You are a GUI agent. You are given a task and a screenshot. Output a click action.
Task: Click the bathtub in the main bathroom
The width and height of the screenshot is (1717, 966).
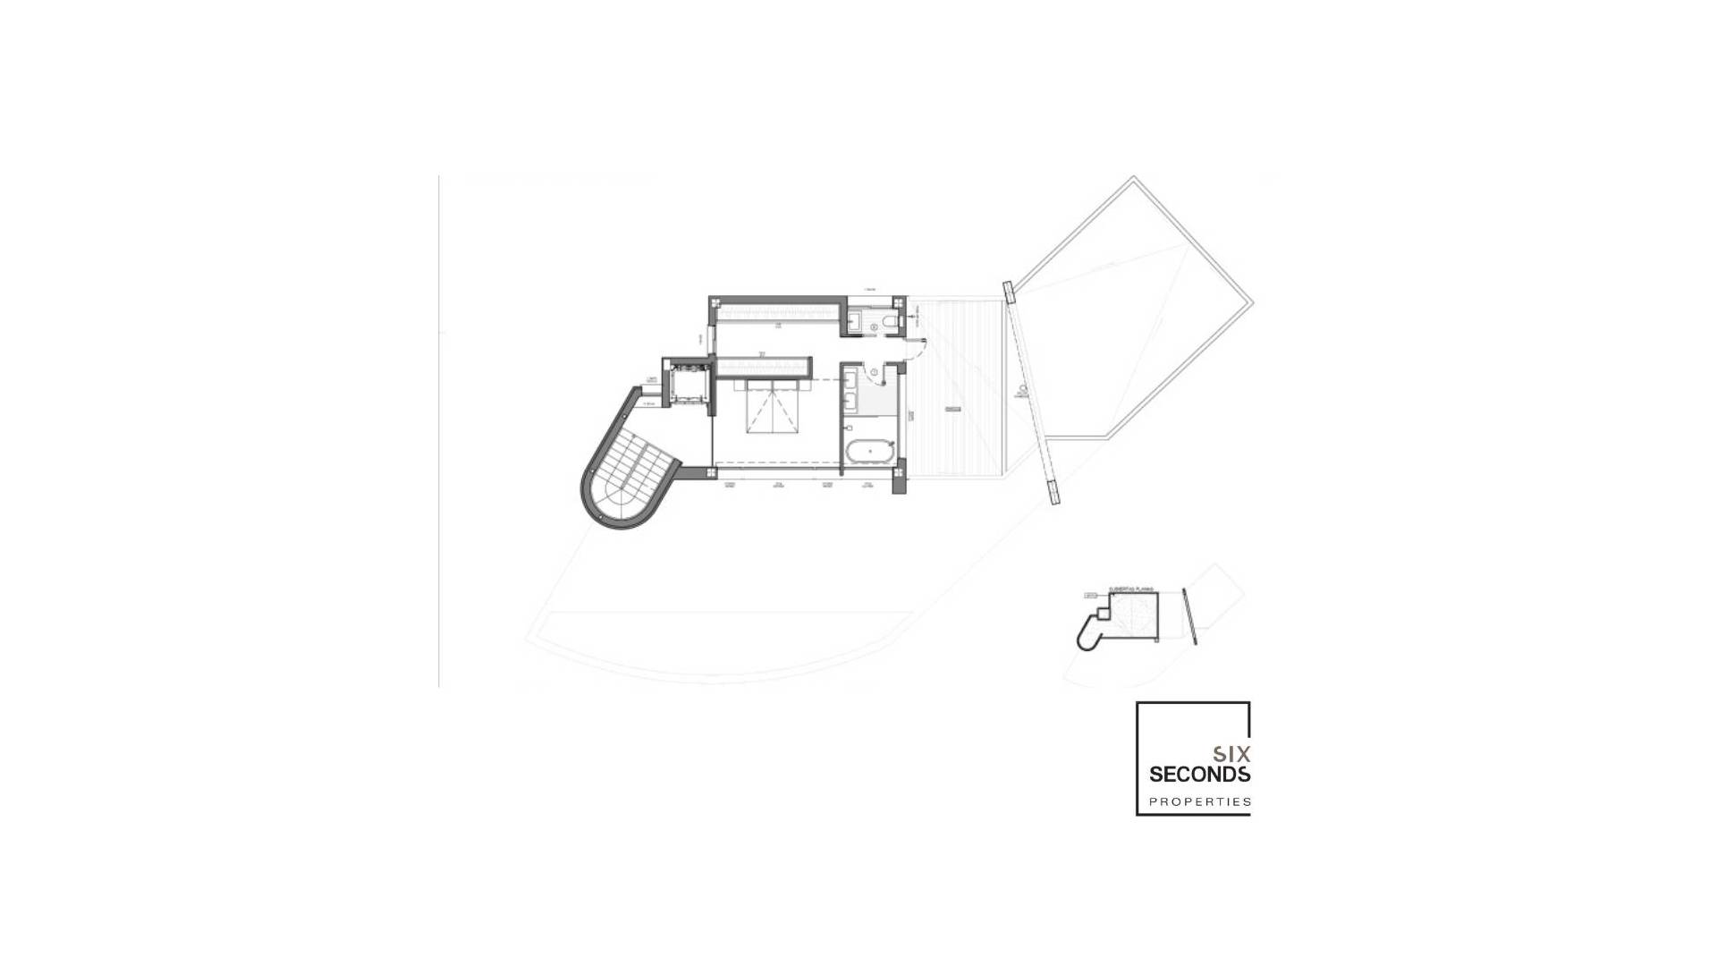(870, 452)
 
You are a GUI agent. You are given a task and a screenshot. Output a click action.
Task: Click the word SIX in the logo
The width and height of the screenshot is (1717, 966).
(1231, 754)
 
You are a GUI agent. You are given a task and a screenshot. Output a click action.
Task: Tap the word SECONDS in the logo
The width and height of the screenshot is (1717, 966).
(1199, 774)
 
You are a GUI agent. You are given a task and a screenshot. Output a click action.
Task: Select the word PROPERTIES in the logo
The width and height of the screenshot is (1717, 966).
(1199, 801)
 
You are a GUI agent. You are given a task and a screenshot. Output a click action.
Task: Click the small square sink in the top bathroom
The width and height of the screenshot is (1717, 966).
(854, 320)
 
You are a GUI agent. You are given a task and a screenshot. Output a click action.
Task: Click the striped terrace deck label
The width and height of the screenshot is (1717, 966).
(953, 410)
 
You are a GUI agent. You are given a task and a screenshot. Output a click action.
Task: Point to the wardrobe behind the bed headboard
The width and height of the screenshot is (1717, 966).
(765, 367)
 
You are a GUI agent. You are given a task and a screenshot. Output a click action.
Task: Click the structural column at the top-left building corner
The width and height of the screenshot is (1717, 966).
(715, 303)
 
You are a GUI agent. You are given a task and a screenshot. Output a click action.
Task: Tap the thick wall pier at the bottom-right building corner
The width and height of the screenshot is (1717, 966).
(900, 476)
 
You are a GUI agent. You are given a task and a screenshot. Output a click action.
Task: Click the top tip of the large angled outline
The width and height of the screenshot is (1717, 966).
(1134, 178)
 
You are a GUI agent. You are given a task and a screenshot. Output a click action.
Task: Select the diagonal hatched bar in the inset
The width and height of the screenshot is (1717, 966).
(1189, 616)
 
